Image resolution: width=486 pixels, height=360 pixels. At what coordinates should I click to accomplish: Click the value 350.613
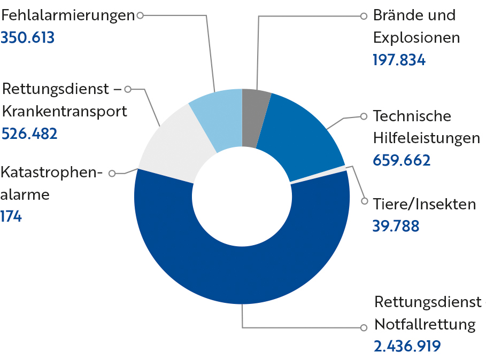(28, 38)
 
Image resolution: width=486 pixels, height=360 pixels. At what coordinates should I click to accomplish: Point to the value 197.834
(399, 60)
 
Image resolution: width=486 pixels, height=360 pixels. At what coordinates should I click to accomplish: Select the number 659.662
(402, 160)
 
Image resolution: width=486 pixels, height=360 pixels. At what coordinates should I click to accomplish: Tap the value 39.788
(396, 225)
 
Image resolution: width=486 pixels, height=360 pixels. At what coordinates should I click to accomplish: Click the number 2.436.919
(407, 346)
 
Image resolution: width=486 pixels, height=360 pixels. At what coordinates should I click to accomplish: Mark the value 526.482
(29, 134)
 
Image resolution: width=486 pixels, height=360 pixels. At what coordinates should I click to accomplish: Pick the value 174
(11, 217)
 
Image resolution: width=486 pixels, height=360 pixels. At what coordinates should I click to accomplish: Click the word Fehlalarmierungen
(68, 15)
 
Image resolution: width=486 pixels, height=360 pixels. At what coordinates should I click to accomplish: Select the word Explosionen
(416, 38)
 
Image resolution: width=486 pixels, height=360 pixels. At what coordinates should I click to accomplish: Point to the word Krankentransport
(65, 112)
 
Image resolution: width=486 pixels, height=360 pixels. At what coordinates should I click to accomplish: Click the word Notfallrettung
(425, 324)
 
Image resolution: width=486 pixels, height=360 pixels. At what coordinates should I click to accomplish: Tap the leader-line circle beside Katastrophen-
(112, 173)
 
